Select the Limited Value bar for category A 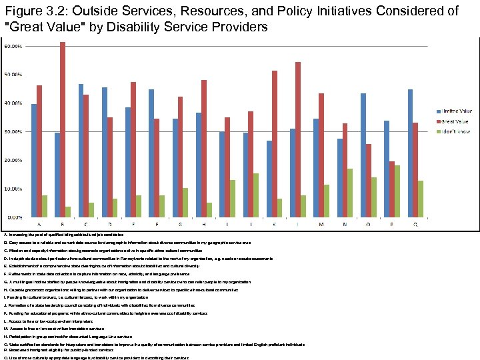[34, 161]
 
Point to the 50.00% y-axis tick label [13, 75]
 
